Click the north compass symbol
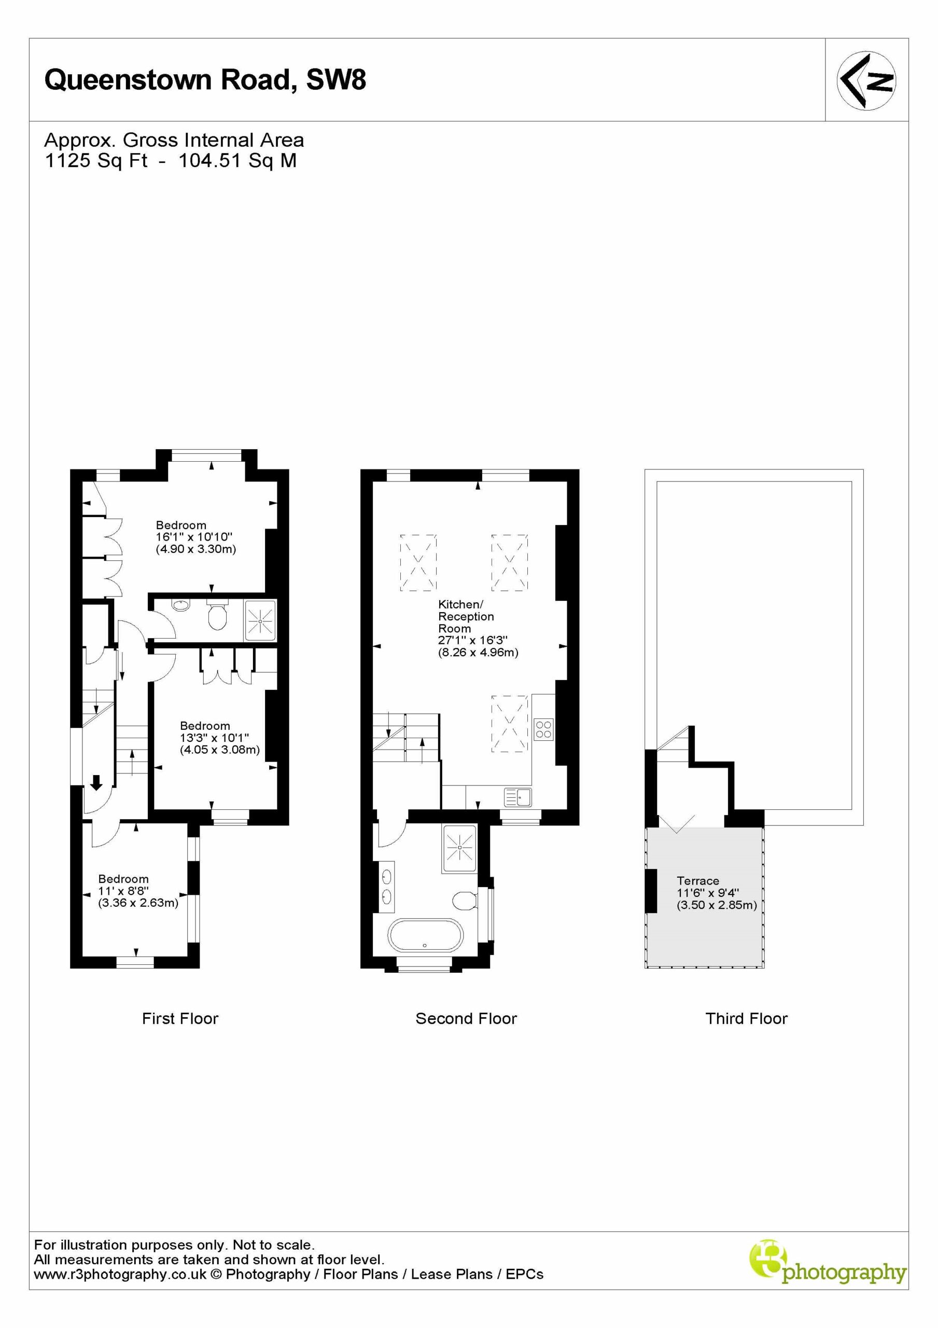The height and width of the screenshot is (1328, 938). tap(866, 80)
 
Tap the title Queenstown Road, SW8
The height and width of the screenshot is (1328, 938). tap(205, 80)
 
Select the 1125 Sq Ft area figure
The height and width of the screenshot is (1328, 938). tap(96, 160)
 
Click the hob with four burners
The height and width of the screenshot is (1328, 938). tap(543, 729)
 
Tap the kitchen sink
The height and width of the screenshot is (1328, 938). tap(517, 797)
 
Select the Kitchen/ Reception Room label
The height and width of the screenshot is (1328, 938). tap(466, 616)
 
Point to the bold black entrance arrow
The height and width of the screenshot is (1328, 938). tap(96, 783)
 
